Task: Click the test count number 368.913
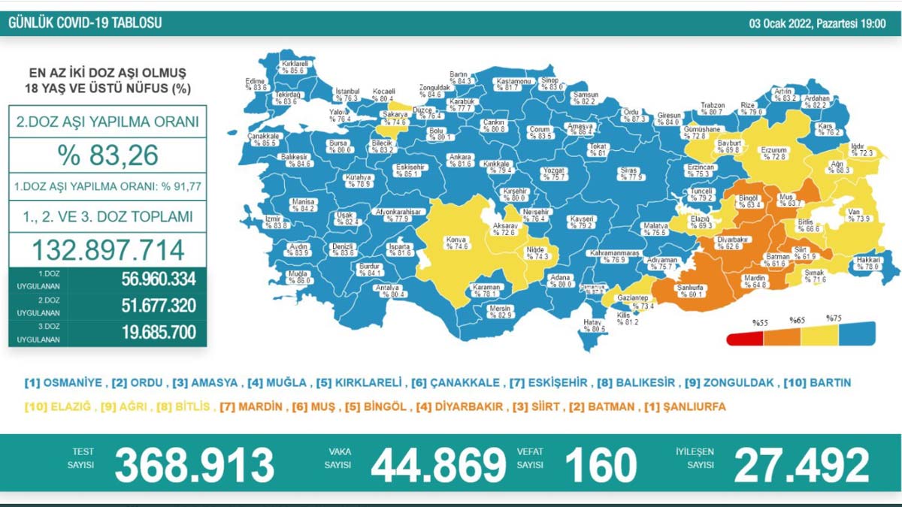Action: click(x=194, y=465)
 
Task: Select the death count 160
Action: click(x=601, y=465)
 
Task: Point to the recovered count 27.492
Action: click(x=801, y=465)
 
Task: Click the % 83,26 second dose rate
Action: click(x=108, y=155)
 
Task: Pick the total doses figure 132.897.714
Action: click(x=108, y=249)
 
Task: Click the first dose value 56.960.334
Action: click(x=158, y=279)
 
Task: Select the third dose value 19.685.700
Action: click(x=158, y=332)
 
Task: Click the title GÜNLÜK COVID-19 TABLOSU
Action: click(x=85, y=23)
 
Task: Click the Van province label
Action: click(x=856, y=215)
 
